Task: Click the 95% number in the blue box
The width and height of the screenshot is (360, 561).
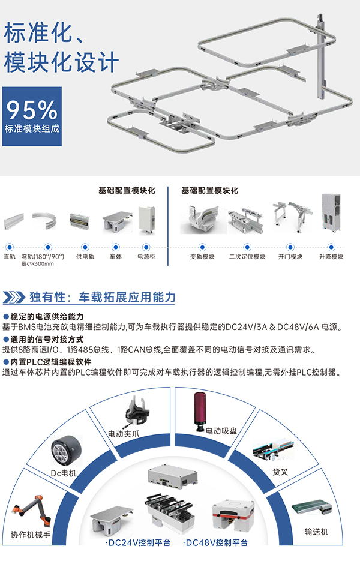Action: point(31,110)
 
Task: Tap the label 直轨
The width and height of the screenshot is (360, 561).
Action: point(10,257)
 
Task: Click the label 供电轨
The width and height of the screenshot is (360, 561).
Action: point(85,257)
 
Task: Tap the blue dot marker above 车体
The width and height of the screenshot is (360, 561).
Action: point(116,247)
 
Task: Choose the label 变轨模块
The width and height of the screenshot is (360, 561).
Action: point(202,257)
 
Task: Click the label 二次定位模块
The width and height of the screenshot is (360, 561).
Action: point(247,257)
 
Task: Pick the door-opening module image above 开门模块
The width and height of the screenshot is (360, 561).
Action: point(290,217)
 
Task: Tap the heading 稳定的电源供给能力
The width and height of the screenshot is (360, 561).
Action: point(47,316)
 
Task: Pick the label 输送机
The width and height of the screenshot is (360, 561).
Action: point(316,532)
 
